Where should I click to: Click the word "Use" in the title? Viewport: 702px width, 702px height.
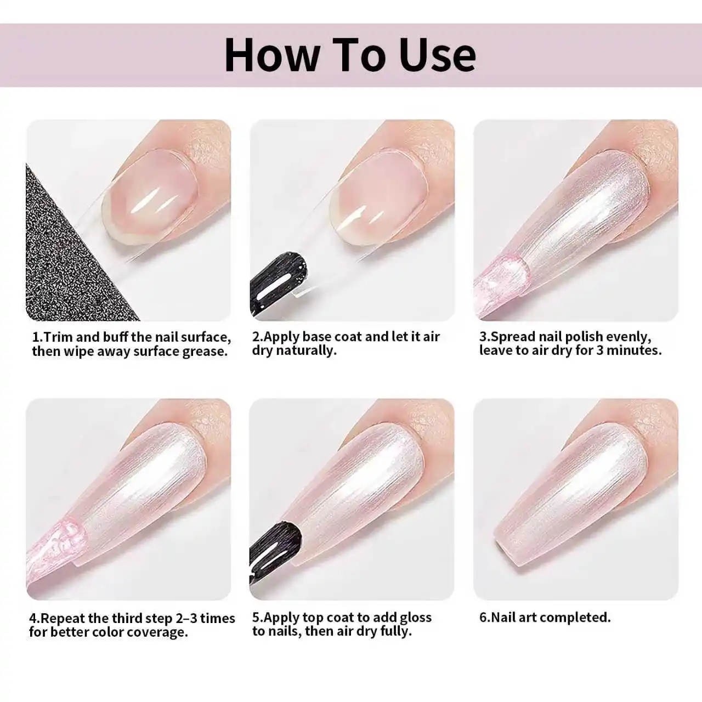pos(438,55)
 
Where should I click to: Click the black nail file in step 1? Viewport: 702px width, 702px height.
pos(73,251)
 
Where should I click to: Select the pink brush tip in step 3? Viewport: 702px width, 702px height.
pos(501,284)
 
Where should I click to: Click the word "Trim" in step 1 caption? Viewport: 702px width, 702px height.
pos(58,337)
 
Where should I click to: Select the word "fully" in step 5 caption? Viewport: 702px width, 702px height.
pos(395,632)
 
